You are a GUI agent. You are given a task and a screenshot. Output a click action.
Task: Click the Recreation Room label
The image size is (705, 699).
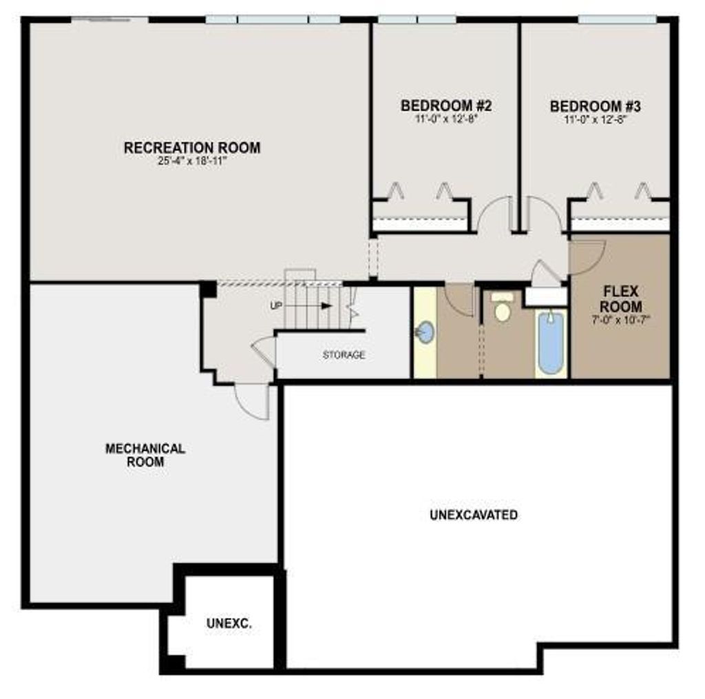point(192,148)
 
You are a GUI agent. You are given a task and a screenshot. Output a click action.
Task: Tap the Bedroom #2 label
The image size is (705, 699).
point(445,106)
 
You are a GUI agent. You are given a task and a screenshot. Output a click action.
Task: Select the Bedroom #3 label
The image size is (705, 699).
point(595,106)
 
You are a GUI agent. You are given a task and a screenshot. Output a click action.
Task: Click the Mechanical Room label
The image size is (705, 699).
point(145,455)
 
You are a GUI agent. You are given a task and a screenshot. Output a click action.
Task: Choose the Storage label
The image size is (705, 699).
point(344,355)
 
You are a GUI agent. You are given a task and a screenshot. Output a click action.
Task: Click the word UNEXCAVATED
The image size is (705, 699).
point(473,515)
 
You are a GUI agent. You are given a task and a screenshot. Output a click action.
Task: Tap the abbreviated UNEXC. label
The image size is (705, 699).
point(229,624)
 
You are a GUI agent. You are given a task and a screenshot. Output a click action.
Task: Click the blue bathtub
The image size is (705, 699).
point(551,343)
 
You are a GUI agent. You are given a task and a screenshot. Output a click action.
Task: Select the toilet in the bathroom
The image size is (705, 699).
point(503,310)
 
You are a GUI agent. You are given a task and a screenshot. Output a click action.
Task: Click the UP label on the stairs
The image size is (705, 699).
point(276,305)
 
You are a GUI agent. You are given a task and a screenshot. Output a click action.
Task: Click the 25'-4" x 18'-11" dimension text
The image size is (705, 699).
point(192,161)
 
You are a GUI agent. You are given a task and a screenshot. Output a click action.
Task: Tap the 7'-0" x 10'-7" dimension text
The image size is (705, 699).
point(620,320)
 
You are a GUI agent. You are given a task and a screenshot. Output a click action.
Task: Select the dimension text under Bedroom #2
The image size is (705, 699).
point(445,119)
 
